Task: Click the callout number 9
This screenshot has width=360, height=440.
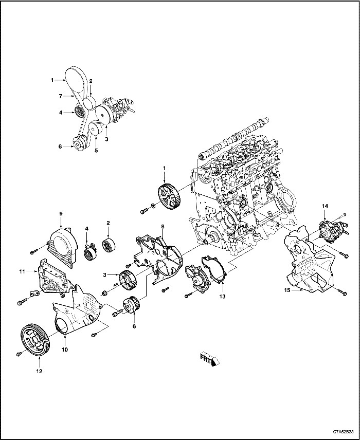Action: (60, 213)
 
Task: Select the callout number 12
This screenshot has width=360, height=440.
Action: (39, 371)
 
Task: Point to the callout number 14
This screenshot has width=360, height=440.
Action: (325, 206)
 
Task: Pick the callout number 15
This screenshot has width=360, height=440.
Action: (289, 290)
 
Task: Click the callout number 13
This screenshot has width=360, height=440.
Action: (223, 297)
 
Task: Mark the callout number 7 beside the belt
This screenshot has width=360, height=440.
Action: (61, 96)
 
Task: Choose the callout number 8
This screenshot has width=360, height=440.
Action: (163, 226)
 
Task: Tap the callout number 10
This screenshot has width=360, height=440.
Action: (65, 350)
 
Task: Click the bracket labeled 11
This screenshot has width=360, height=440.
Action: (53, 280)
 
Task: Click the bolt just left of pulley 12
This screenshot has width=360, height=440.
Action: (19, 354)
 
